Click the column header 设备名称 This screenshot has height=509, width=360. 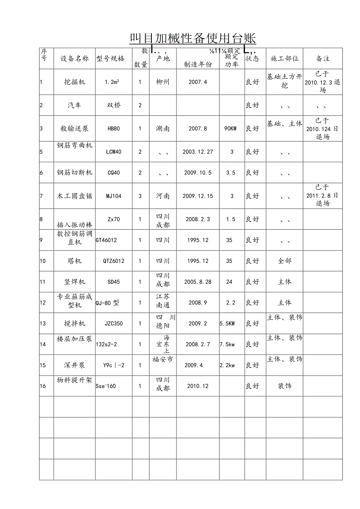pyautogui.click(x=75, y=59)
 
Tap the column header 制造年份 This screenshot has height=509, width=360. pyautogui.click(x=198, y=65)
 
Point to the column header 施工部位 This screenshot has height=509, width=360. pyautogui.click(x=284, y=59)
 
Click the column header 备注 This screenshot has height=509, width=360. pyautogui.click(x=323, y=59)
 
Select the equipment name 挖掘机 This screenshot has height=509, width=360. pyautogui.click(x=75, y=82)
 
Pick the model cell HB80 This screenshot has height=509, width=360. pyautogui.click(x=113, y=129)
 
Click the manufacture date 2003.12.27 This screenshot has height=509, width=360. pyautogui.click(x=198, y=152)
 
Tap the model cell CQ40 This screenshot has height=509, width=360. pyautogui.click(x=113, y=173)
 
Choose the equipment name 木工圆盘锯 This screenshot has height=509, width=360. pyautogui.click(x=75, y=196)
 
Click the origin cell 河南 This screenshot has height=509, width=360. pyautogui.click(x=162, y=196)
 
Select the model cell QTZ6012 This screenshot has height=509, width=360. pyautogui.click(x=113, y=261)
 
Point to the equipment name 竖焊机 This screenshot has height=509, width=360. pyautogui.click(x=75, y=282)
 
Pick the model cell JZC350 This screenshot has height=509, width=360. pyautogui.click(x=113, y=324)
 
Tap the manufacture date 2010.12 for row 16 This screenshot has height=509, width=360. pyautogui.click(x=198, y=386)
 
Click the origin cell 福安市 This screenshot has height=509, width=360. pyautogui.click(x=162, y=360)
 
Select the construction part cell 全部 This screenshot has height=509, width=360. pyautogui.click(x=284, y=261)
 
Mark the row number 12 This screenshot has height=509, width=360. pyautogui.click(x=43, y=302)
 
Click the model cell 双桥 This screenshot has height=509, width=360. pyautogui.click(x=113, y=106)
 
